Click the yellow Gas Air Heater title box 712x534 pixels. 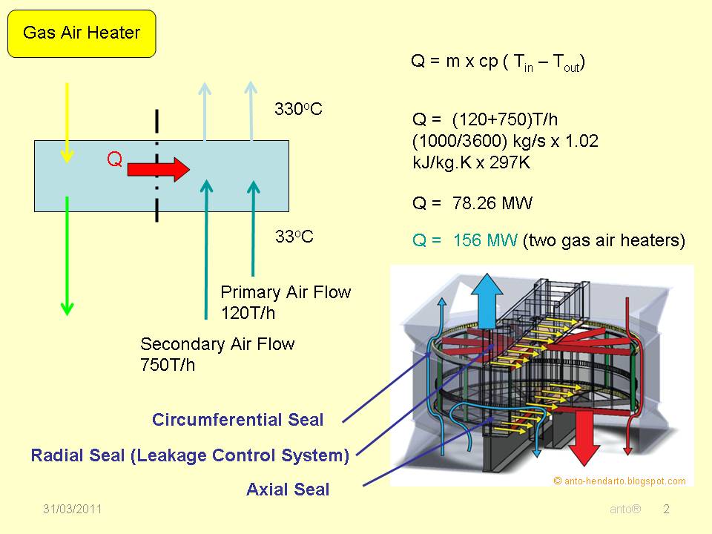(x=82, y=33)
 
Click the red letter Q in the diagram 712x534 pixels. (x=115, y=159)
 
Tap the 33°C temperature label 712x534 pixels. (x=294, y=237)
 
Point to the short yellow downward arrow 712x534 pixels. (x=67, y=122)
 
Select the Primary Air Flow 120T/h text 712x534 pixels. (x=286, y=302)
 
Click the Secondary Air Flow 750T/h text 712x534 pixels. (x=217, y=354)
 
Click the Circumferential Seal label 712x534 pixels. (x=238, y=420)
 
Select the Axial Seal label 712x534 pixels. (x=288, y=489)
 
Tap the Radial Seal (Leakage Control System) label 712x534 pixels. (x=190, y=455)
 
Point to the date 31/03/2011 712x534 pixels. (x=72, y=510)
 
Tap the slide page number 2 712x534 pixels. (x=666, y=510)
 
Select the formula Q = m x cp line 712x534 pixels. (x=498, y=62)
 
